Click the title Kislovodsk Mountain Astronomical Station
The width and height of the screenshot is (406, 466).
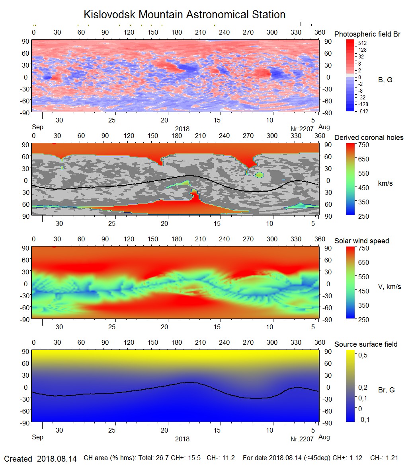(184, 15)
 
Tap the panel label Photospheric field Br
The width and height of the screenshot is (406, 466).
(367, 34)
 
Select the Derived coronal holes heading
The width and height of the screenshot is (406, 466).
(369, 138)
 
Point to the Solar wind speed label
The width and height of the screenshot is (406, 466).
(361, 241)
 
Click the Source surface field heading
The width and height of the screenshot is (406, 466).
(366, 344)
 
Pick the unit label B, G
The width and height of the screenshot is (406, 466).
(385, 80)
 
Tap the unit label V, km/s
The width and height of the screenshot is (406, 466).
(389, 287)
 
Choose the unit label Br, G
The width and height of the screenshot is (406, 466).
(386, 390)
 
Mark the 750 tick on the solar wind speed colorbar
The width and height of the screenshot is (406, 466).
(364, 248)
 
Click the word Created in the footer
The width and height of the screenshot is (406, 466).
(18, 459)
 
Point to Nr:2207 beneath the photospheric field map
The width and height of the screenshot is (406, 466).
(302, 129)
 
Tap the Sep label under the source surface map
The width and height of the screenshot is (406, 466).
(37, 437)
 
